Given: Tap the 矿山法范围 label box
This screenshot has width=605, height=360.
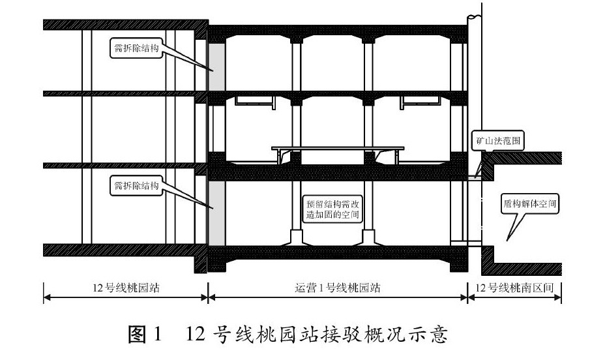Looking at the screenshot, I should [498, 140].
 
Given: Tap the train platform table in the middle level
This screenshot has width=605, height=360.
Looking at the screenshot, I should [337, 150].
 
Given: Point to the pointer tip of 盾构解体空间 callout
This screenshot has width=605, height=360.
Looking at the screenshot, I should [509, 240].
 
